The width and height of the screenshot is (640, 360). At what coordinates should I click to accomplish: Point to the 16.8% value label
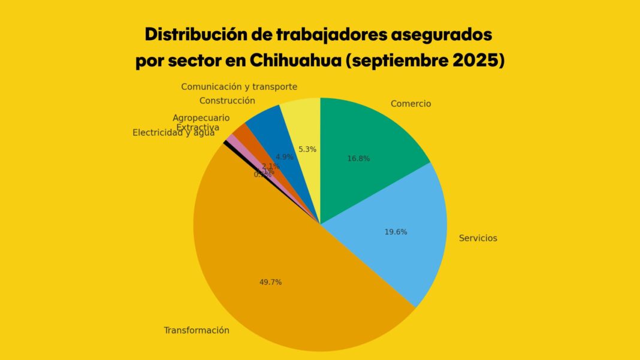click(358, 159)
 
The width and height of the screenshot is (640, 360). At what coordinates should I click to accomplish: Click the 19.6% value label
click(396, 232)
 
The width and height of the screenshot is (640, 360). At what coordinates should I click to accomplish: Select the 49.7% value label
click(270, 282)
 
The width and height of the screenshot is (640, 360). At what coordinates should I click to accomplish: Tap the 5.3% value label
click(307, 149)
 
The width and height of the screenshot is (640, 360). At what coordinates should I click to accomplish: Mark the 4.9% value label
click(285, 157)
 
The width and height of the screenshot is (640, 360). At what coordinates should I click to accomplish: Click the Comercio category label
click(410, 104)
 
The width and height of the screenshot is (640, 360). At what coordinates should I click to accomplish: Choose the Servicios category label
click(478, 238)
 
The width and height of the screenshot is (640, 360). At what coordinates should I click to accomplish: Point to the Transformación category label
click(197, 330)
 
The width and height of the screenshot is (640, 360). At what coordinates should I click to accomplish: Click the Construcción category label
click(227, 101)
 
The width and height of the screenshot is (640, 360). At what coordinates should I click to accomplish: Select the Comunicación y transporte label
click(239, 87)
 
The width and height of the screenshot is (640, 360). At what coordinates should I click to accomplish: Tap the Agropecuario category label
click(201, 118)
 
